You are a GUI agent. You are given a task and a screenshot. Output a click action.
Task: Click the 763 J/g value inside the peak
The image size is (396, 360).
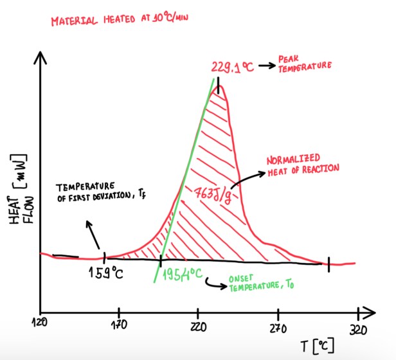pos(212,191)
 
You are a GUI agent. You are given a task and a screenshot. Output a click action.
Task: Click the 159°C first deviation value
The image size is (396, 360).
pos(106,274)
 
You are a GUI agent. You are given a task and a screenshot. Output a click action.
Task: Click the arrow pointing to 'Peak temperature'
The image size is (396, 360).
pos(266,64)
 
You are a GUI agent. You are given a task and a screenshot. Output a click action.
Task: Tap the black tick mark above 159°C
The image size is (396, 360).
pos(105,258)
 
